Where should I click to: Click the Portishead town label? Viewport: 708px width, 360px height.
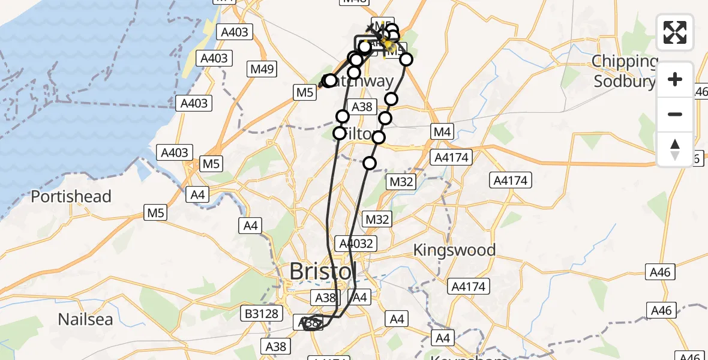[x=71, y=197]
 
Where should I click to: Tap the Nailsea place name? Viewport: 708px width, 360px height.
[x=85, y=319]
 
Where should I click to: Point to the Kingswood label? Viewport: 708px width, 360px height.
[x=454, y=250]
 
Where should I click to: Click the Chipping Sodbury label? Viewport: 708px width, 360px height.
[x=624, y=71]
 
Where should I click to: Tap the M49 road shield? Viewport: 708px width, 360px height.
[x=262, y=69]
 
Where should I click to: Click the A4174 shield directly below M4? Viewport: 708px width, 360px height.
[x=452, y=158]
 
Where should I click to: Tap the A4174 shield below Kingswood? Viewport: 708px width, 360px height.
[x=469, y=287]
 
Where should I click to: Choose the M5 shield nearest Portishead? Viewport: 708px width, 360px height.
[x=157, y=211]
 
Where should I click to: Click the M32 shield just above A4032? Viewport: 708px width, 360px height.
[x=377, y=220]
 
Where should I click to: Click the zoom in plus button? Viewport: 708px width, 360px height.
[x=675, y=80]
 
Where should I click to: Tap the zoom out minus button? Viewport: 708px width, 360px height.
[x=675, y=114]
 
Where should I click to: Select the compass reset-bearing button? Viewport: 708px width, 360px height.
[x=675, y=149]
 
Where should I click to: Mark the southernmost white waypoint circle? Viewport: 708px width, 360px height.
[x=370, y=163]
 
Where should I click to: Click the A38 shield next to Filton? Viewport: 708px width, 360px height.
[x=361, y=107]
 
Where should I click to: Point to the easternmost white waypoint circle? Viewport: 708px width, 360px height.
[x=406, y=59]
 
